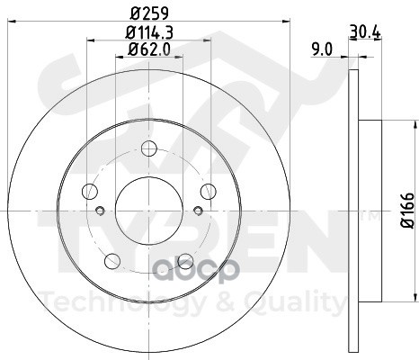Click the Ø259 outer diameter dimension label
pyautogui.click(x=149, y=13)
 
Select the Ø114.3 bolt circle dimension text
pyautogui.click(x=149, y=32)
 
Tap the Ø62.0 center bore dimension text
pyautogui.click(x=149, y=49)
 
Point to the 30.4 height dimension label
pyautogui.click(x=365, y=31)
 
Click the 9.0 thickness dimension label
pyautogui.click(x=322, y=49)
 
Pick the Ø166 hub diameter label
pyautogui.click(x=407, y=211)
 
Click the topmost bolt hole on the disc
pyautogui.click(x=149, y=148)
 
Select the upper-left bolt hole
pyautogui.click(x=90, y=191)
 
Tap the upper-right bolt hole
pyautogui.click(x=209, y=191)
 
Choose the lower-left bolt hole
pyautogui.click(x=112, y=261)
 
